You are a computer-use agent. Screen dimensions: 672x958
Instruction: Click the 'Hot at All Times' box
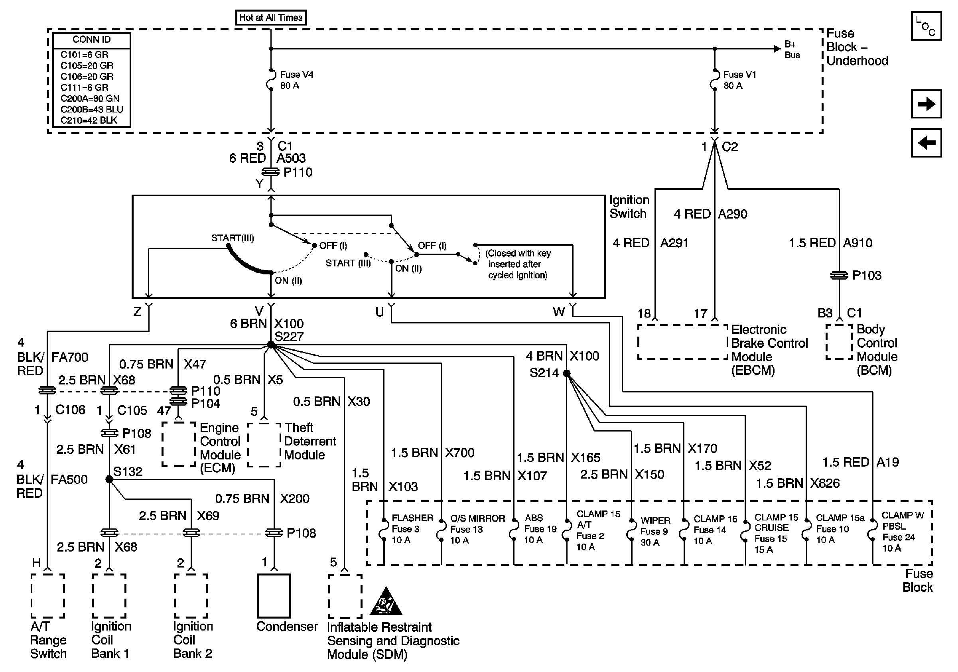pyautogui.click(x=271, y=18)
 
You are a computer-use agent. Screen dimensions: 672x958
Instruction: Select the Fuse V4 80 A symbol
pyautogui.click(x=271, y=80)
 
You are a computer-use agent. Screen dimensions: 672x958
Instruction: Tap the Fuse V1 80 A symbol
pyautogui.click(x=714, y=80)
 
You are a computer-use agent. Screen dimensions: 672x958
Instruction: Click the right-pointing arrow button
pyautogui.click(x=926, y=104)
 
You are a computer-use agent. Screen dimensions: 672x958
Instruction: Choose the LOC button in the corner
pyautogui.click(x=926, y=26)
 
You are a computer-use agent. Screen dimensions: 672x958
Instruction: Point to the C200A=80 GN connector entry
pyautogui.click(x=90, y=99)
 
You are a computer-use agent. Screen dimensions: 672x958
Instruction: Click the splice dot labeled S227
pyautogui.click(x=271, y=345)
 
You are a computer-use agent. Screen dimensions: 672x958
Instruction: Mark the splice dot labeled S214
pyautogui.click(x=567, y=373)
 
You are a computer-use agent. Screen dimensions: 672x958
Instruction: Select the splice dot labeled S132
pyautogui.click(x=109, y=479)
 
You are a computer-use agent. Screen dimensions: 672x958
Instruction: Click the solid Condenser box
pyautogui.click(x=274, y=595)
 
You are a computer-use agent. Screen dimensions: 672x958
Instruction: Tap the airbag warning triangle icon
pyautogui.click(x=386, y=602)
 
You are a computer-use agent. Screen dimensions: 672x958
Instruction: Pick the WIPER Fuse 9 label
pyautogui.click(x=655, y=531)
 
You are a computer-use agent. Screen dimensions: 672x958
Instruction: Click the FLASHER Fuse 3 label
pyautogui.click(x=412, y=528)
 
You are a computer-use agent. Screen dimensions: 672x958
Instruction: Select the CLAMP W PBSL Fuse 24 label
pyautogui.click(x=901, y=532)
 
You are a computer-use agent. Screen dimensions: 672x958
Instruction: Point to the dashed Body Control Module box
pyautogui.click(x=839, y=342)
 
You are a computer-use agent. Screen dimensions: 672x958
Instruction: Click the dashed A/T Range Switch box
pyautogui.click(x=48, y=596)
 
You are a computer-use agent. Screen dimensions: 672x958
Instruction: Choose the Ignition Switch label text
pyautogui.click(x=629, y=207)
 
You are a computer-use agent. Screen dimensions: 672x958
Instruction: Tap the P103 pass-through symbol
pyautogui.click(x=839, y=275)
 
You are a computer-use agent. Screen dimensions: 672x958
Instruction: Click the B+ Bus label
pyautogui.click(x=792, y=49)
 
